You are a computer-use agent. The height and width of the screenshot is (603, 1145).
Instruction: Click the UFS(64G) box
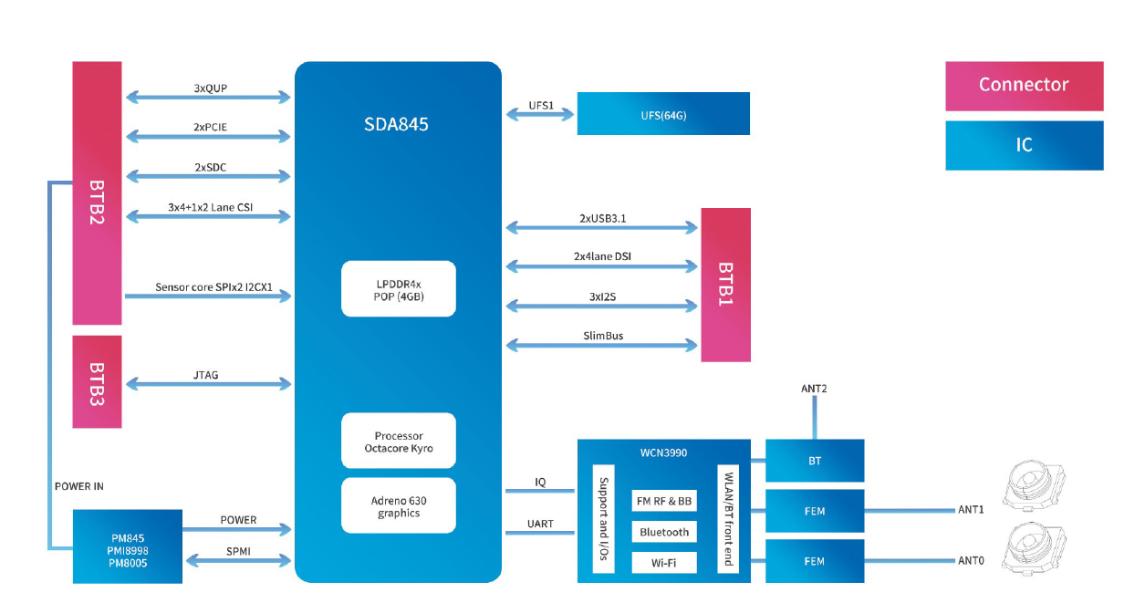663,113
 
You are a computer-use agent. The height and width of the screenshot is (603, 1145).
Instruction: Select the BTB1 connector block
725,284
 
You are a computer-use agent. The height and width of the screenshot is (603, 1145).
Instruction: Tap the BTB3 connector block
97,381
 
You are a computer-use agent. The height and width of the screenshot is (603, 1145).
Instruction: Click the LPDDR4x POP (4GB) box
398,289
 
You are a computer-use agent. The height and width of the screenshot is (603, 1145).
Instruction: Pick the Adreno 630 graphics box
398,506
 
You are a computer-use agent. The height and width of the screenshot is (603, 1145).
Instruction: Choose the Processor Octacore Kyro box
398,442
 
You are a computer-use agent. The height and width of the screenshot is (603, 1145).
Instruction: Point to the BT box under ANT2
814,461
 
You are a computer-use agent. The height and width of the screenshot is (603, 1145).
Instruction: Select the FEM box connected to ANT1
814,511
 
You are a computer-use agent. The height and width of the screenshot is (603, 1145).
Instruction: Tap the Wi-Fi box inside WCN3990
664,563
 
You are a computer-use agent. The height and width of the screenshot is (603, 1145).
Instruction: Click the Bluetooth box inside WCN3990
664,532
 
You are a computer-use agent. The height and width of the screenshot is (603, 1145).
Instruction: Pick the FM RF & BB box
664,501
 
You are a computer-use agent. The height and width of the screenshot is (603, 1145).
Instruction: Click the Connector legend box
1024,85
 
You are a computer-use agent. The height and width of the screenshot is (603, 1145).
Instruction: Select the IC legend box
1024,145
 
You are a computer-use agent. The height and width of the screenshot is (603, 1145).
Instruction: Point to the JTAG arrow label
207,375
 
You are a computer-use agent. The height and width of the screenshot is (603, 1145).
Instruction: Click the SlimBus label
603,336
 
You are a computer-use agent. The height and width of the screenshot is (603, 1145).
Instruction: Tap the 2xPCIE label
210,127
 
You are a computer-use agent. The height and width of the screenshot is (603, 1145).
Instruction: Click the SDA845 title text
397,124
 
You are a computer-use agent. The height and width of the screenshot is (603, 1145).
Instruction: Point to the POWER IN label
79,486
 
